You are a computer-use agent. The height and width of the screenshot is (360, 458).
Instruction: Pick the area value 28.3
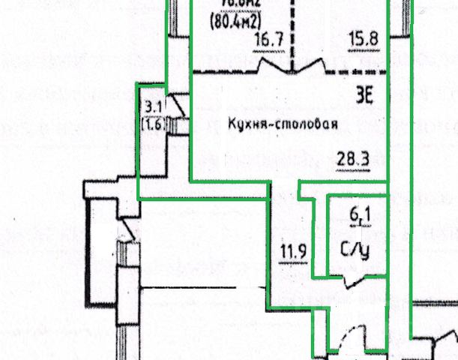point(349,159)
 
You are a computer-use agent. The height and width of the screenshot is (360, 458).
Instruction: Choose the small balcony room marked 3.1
point(152,150)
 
